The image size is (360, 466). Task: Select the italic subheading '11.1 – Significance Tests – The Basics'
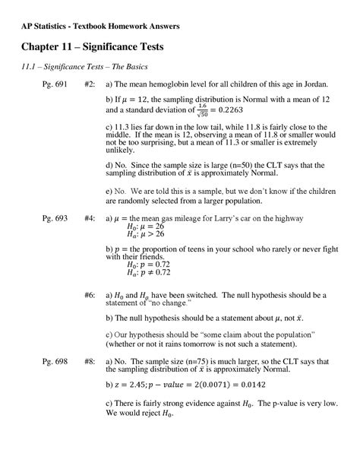pos(84,68)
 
